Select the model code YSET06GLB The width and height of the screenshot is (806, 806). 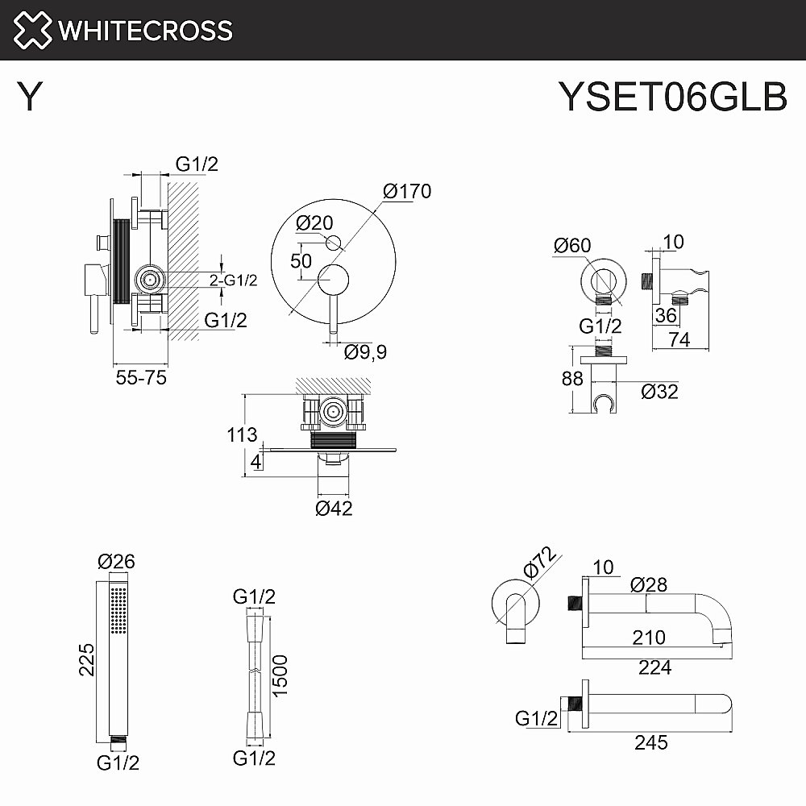[x=672, y=98]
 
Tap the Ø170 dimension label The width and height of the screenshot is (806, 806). [x=407, y=192]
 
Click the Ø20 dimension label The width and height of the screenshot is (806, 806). [x=314, y=222]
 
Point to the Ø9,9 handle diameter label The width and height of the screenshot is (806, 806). [x=366, y=352]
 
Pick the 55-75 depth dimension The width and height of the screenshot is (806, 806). [x=140, y=377]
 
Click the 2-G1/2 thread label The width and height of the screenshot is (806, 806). [x=233, y=280]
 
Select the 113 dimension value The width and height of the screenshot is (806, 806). [x=243, y=436]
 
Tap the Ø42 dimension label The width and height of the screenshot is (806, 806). [x=334, y=508]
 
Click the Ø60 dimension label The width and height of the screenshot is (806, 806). [x=573, y=245]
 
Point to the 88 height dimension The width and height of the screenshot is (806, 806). [x=572, y=378]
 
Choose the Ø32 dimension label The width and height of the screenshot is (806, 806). [x=659, y=392]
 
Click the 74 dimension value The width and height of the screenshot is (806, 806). [x=679, y=340]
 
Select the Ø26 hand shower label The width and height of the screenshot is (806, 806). [x=115, y=562]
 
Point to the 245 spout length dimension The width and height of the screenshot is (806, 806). [x=650, y=742]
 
